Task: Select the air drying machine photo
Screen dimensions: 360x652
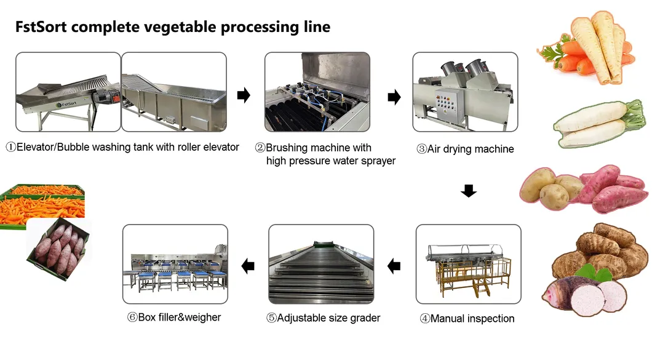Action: (x=465, y=92)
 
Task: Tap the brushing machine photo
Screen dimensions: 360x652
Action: (x=317, y=92)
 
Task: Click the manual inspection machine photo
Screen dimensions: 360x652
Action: (x=469, y=264)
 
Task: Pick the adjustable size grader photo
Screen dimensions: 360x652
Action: (x=321, y=264)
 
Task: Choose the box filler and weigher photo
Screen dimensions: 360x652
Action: (x=175, y=264)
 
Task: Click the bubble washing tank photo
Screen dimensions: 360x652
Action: (x=174, y=92)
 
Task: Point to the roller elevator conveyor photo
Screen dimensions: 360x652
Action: (x=68, y=92)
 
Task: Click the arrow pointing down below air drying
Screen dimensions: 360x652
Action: (x=469, y=191)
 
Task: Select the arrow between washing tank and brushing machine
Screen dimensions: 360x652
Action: (x=244, y=95)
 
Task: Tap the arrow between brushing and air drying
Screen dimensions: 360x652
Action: (x=394, y=97)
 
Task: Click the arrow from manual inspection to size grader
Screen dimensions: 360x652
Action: (x=394, y=266)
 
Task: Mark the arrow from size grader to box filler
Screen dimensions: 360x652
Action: (x=248, y=266)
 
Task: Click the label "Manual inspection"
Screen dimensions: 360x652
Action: (x=467, y=319)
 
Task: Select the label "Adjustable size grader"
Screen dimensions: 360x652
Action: (x=323, y=318)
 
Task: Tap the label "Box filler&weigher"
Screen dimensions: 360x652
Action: (x=174, y=318)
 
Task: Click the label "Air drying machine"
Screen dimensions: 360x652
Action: (x=465, y=149)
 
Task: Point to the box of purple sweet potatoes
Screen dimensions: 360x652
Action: (x=57, y=246)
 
